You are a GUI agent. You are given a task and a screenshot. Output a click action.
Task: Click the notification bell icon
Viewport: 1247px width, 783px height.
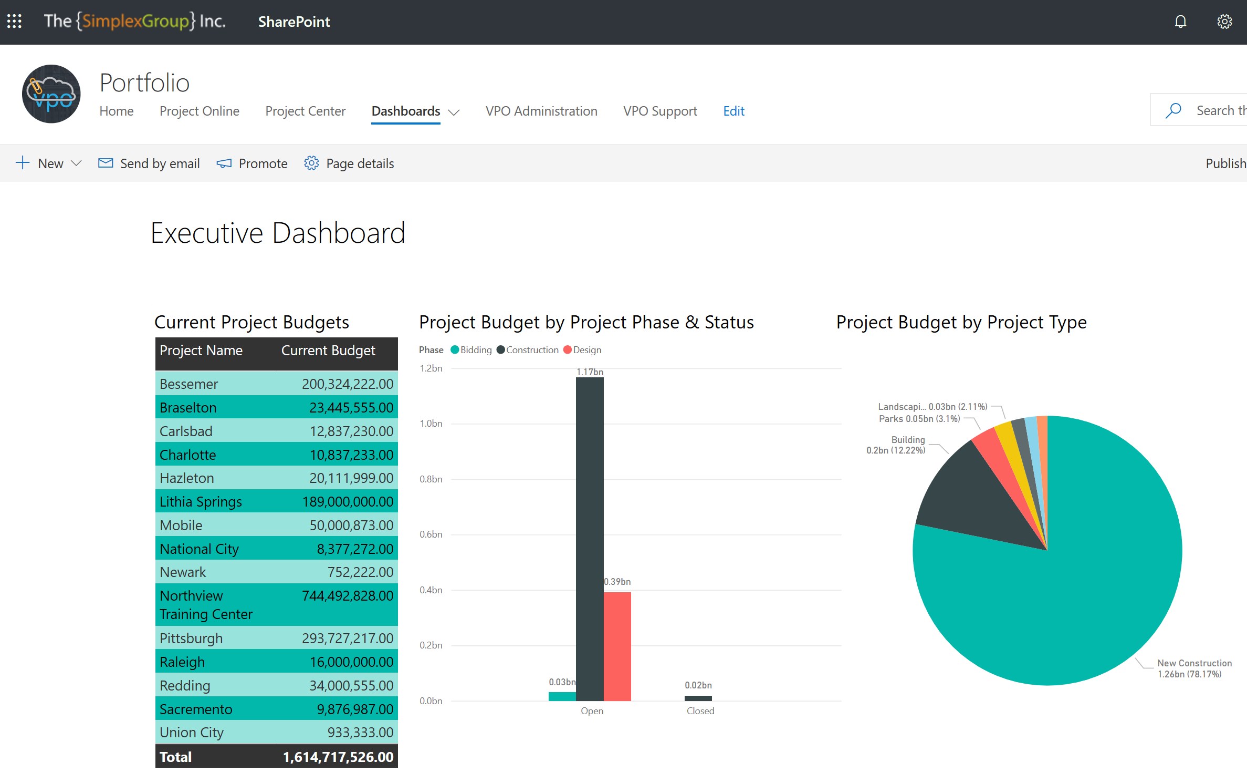click(x=1180, y=22)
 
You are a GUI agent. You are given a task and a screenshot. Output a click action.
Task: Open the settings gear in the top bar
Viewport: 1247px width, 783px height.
click(x=1224, y=22)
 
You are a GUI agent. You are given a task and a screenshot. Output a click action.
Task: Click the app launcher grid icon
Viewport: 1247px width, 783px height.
click(x=14, y=22)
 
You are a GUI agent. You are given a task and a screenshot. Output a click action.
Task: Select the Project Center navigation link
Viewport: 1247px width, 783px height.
click(x=305, y=111)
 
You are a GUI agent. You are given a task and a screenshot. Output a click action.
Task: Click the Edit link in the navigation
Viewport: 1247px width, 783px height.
click(x=733, y=111)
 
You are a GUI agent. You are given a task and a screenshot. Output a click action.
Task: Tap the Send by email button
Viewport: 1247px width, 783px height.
click(x=149, y=163)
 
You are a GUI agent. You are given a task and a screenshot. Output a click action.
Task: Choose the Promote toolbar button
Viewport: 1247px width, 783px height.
click(x=252, y=163)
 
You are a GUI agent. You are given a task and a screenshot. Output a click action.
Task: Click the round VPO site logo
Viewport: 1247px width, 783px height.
click(x=51, y=94)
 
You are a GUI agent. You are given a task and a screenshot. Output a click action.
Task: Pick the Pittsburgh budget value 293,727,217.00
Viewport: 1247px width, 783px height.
click(x=347, y=638)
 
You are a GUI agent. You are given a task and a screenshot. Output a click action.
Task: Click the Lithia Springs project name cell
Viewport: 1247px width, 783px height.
click(x=201, y=502)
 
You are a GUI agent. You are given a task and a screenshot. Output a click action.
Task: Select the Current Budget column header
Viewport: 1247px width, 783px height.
click(x=328, y=351)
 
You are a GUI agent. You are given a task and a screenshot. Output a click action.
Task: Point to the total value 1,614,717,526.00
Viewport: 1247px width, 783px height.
click(x=338, y=757)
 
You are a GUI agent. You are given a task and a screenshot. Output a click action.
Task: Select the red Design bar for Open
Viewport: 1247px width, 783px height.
click(x=617, y=646)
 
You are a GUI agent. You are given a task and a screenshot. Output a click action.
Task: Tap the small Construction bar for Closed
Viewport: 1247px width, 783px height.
click(x=698, y=698)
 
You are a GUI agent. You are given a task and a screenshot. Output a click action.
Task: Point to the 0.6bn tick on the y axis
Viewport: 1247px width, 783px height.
click(x=431, y=534)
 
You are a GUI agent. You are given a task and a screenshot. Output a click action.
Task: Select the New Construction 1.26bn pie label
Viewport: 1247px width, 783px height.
click(x=1194, y=668)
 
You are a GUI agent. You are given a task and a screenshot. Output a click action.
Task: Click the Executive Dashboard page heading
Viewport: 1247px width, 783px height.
click(x=278, y=233)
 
